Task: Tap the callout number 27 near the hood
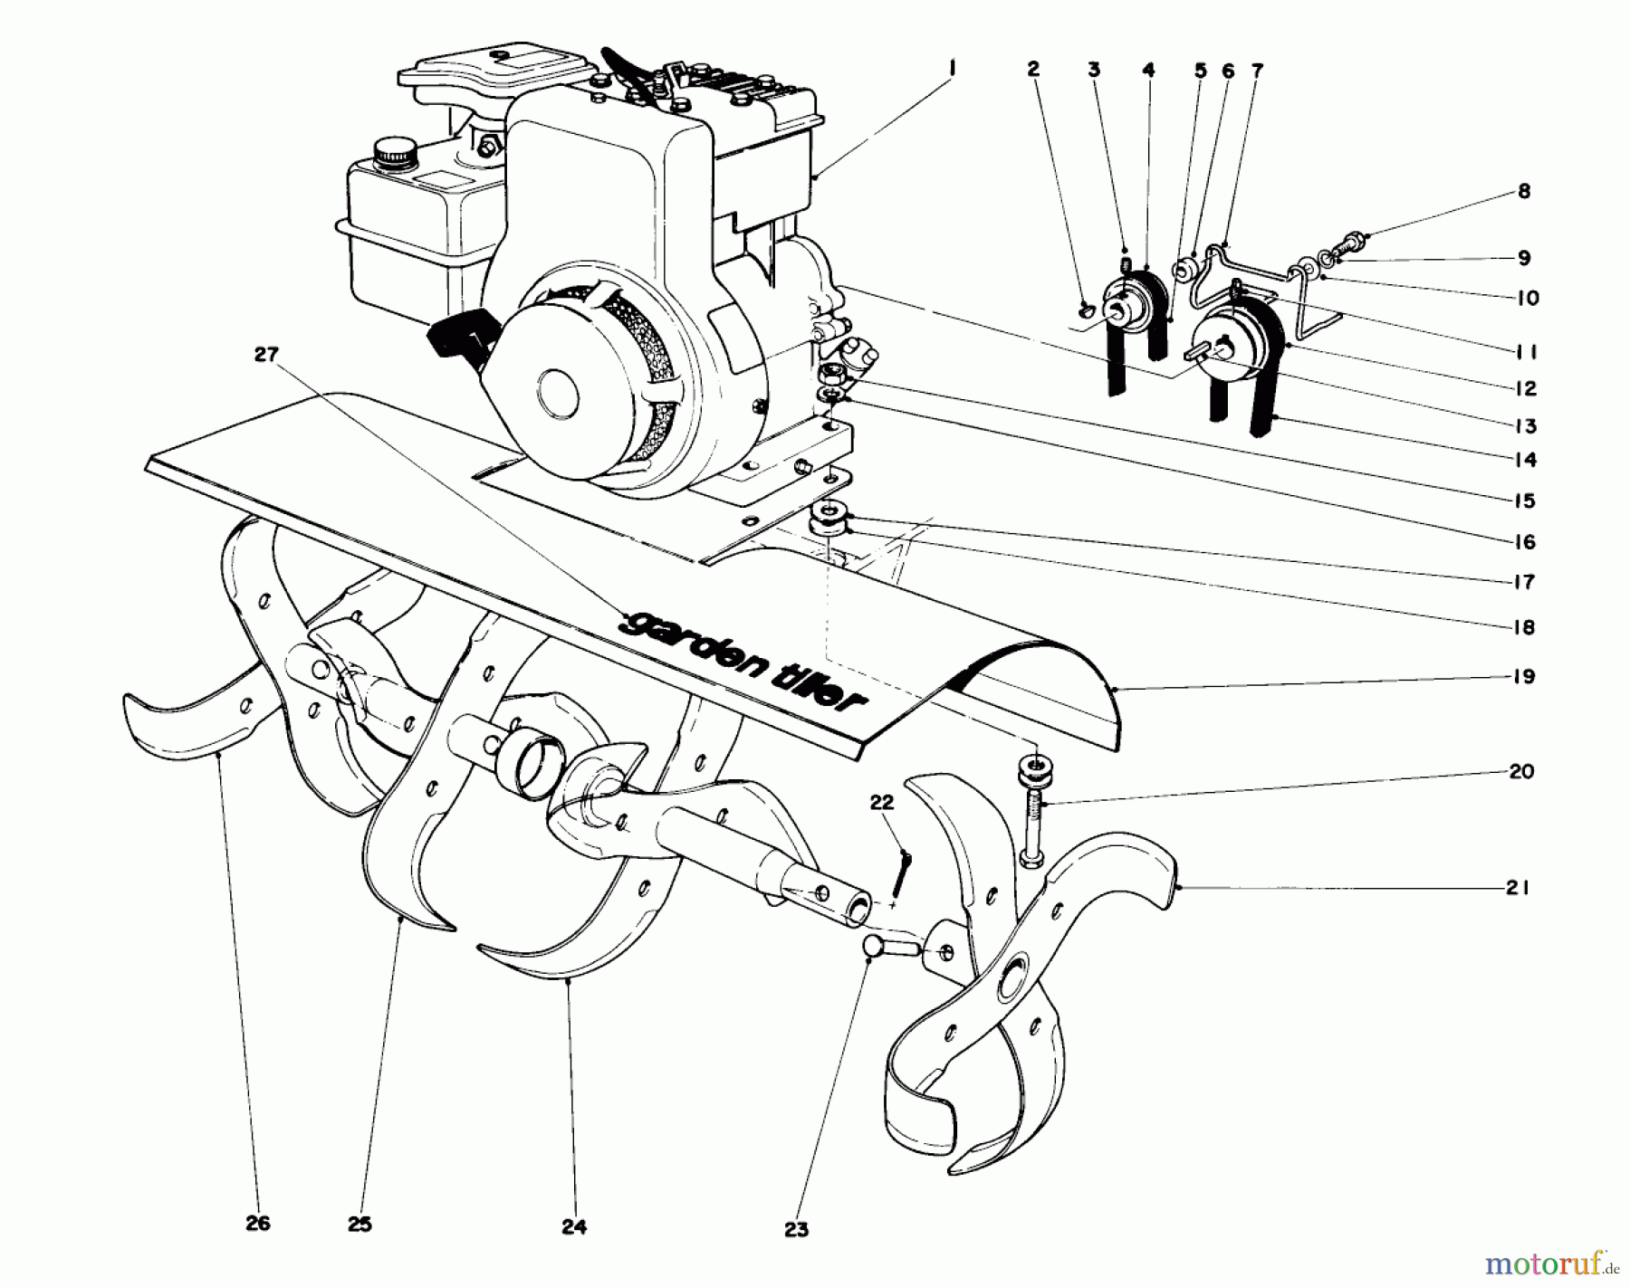[x=264, y=356]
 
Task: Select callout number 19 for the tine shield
[x=1524, y=676]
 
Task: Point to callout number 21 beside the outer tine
[x=1518, y=889]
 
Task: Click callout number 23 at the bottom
[x=797, y=1230]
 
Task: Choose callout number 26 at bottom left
[x=258, y=1224]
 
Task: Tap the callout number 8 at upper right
[x=1524, y=192]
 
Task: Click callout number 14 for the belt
[x=1525, y=460]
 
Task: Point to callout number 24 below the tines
[x=574, y=1227]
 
